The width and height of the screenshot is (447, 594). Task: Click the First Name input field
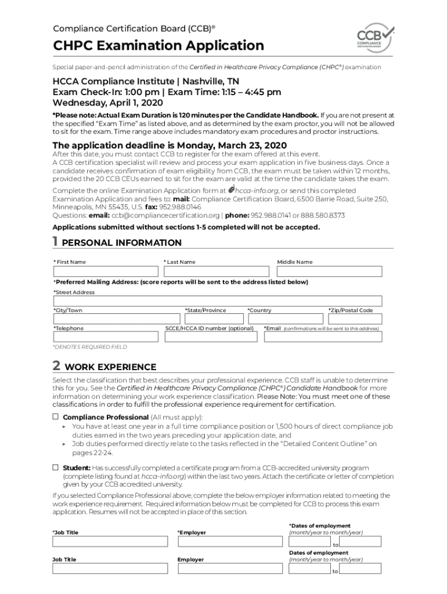click(106, 271)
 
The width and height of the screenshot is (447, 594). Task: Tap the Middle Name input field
click(329, 271)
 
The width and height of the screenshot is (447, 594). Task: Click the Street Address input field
click(218, 301)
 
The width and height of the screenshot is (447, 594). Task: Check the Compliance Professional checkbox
click(56, 417)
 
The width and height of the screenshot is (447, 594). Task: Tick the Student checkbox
click(56, 468)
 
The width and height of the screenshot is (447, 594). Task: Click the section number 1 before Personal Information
click(55, 242)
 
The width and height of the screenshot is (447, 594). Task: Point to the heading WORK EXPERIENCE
click(110, 367)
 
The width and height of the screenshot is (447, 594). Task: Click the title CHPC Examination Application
click(158, 45)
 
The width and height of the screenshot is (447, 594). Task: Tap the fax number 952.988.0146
click(181, 207)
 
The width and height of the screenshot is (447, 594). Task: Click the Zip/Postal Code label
click(350, 310)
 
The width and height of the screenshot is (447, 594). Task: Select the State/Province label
click(205, 310)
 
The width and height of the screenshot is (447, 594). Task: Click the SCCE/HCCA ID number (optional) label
click(210, 328)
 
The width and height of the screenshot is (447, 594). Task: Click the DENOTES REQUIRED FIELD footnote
click(90, 347)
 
